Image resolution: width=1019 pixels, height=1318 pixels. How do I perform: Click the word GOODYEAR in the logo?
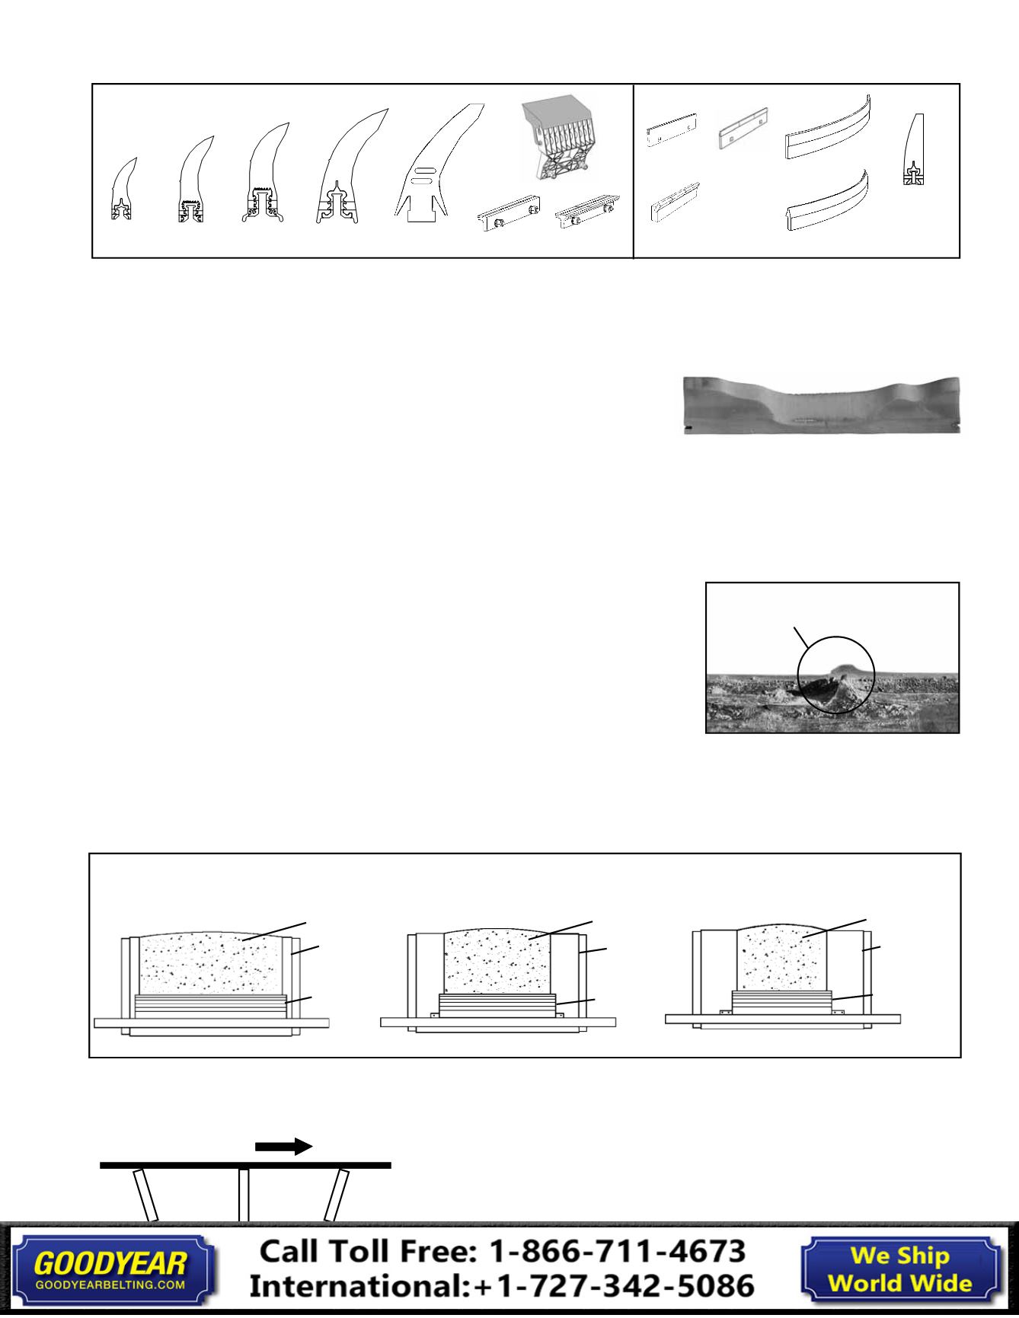coord(110,1265)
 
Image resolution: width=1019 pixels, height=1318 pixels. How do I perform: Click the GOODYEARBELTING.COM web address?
coord(110,1284)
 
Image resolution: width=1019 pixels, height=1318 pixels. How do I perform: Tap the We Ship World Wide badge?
coord(899,1269)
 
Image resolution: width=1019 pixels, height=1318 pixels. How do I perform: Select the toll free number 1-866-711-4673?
coord(616,1251)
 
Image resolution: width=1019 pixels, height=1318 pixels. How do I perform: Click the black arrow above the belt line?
coord(283,1147)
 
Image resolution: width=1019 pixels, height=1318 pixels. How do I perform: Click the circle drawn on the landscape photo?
coord(835,673)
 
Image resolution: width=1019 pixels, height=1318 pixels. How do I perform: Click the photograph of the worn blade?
coord(821,405)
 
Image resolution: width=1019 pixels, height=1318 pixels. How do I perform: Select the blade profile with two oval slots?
coord(434,171)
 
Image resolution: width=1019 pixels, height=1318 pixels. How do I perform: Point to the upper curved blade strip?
coord(828,129)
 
